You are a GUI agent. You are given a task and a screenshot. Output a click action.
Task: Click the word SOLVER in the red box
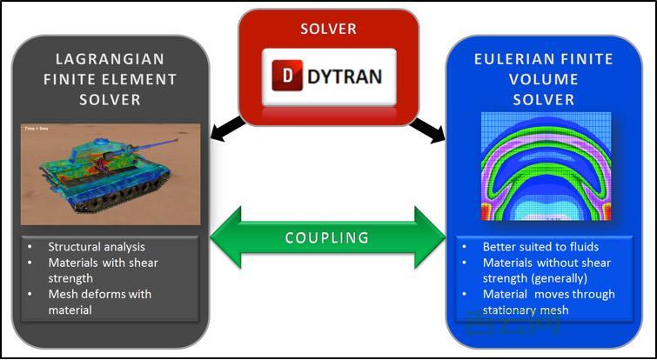[328, 29]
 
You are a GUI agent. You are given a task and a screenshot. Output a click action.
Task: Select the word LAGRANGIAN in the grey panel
[109, 59]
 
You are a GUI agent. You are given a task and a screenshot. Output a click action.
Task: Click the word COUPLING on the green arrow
[327, 237]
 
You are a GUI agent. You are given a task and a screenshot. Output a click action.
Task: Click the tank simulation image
[109, 173]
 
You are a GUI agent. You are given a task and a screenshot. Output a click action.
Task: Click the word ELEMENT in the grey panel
[140, 79]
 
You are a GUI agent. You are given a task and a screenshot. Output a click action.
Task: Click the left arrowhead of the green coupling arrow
[222, 237]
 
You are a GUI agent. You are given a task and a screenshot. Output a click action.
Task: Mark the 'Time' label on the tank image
[30, 130]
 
